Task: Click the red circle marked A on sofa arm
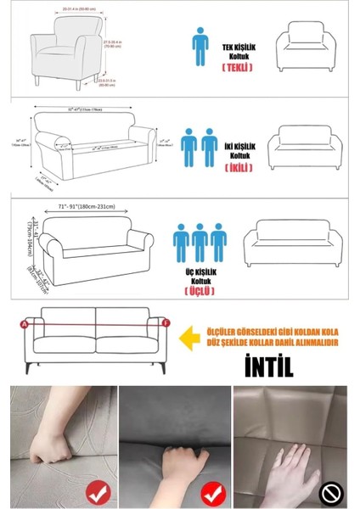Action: click(x=24, y=323)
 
